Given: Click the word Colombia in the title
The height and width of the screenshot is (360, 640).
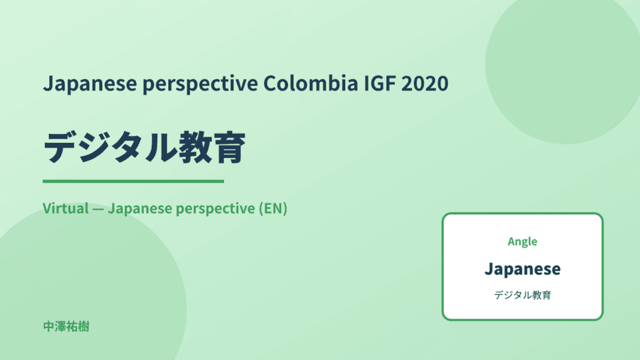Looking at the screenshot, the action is pyautogui.click(x=310, y=83).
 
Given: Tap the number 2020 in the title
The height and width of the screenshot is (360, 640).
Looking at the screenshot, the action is pyautogui.click(x=425, y=83).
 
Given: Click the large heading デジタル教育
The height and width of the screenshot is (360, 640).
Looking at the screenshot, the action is pyautogui.click(x=144, y=148).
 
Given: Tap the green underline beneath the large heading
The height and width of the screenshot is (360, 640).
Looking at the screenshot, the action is pyautogui.click(x=133, y=181).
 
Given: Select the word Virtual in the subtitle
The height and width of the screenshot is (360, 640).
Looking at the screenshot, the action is pyautogui.click(x=66, y=208).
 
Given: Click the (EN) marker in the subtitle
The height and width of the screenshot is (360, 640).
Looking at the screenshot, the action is pyautogui.click(x=273, y=208).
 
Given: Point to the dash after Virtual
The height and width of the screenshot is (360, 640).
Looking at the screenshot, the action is pyautogui.click(x=98, y=209).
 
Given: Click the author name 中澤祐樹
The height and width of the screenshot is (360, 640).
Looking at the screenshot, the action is pyautogui.click(x=66, y=327).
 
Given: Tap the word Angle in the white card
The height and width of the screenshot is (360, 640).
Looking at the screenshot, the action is pyautogui.click(x=522, y=242).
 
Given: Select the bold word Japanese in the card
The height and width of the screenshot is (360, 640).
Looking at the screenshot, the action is pyautogui.click(x=522, y=269).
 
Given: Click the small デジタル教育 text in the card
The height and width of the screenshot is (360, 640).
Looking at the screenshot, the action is pyautogui.click(x=522, y=295).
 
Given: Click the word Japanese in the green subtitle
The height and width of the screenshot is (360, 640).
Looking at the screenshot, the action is pyautogui.click(x=140, y=209).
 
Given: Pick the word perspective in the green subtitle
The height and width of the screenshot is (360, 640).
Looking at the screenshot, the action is pyautogui.click(x=216, y=209).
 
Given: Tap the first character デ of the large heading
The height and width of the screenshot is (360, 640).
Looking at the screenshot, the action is pyautogui.click(x=61, y=148).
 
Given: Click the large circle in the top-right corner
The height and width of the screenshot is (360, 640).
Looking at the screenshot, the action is pyautogui.click(x=563, y=66).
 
